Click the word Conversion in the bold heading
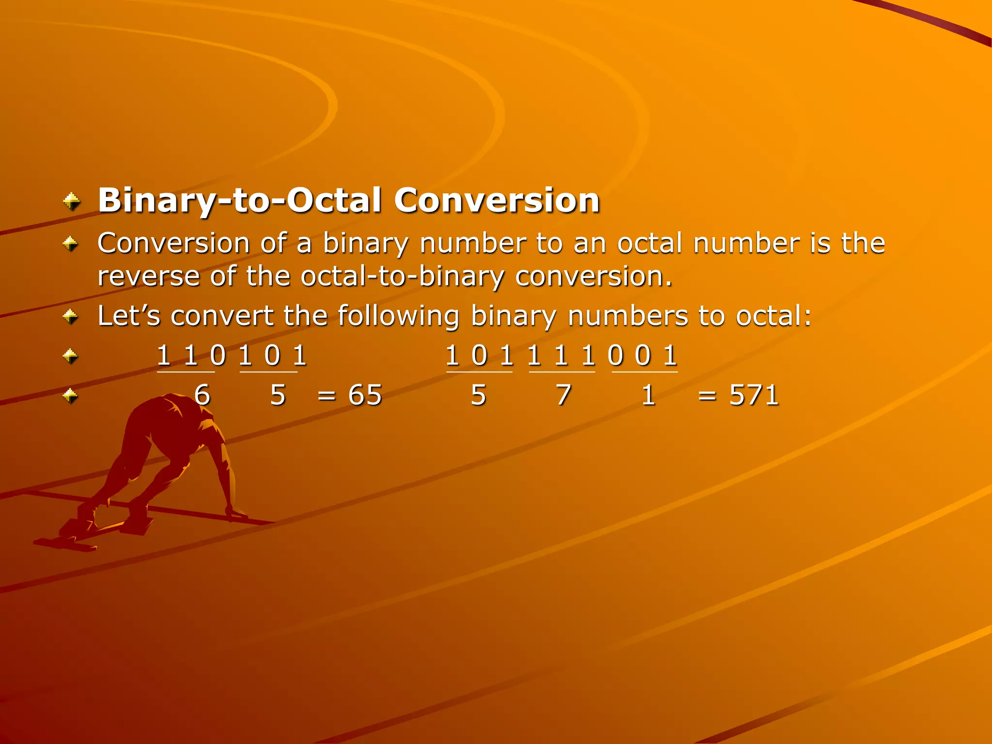[x=496, y=200]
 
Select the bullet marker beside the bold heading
[x=72, y=201]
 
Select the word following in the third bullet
[x=398, y=317]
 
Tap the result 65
[x=365, y=395]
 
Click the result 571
[x=754, y=395]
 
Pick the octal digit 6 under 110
[x=202, y=395]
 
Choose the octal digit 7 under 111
[x=563, y=395]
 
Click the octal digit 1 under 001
[x=648, y=395]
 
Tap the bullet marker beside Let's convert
[x=71, y=317]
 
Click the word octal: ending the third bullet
[x=773, y=316]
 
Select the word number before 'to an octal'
[x=473, y=243]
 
